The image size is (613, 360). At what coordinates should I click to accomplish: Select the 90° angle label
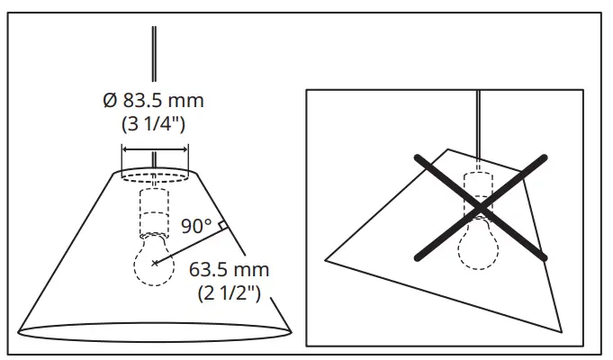[x=195, y=226]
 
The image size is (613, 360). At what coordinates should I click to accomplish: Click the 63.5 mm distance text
[x=230, y=270]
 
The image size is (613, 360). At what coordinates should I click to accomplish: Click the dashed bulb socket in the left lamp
[x=155, y=212]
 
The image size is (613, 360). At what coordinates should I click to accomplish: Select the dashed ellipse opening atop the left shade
[x=155, y=173]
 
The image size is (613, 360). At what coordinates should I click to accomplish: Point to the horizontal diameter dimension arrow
[x=155, y=149]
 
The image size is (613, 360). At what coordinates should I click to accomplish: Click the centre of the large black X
[x=480, y=209]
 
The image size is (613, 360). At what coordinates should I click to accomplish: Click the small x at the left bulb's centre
[x=155, y=263]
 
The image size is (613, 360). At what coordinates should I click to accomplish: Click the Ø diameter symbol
[x=109, y=99]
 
